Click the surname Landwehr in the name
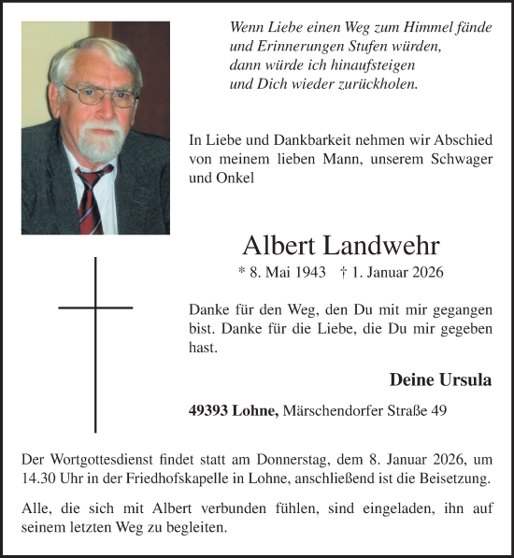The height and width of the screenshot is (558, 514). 382,246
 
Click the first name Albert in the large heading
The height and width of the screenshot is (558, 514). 279,246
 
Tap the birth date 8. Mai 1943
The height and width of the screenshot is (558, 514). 282,272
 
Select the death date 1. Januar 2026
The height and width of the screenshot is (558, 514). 393,272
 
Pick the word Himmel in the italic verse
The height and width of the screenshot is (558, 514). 429,29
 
